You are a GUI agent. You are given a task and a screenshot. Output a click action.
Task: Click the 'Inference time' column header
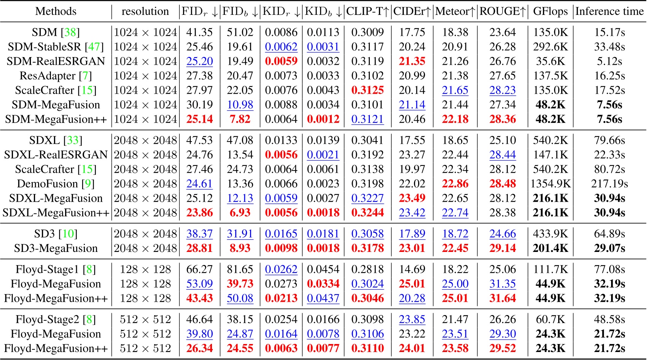click(609, 11)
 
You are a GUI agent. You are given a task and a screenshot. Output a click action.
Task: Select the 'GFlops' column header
click(550, 11)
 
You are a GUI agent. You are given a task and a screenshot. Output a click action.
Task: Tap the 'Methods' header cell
click(56, 11)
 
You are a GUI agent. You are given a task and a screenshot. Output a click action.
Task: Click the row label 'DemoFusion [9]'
click(56, 184)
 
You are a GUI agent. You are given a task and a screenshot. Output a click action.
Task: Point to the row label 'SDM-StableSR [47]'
click(56, 47)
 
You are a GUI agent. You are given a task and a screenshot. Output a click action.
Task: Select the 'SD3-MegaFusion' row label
click(56, 248)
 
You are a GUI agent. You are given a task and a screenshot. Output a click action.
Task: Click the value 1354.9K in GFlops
click(550, 184)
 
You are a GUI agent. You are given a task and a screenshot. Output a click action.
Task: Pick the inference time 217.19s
click(609, 184)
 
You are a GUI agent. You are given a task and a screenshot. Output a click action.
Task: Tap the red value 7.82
click(240, 119)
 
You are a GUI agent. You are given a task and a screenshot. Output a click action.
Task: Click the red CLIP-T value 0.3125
click(368, 91)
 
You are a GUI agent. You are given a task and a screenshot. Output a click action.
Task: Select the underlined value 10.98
click(240, 105)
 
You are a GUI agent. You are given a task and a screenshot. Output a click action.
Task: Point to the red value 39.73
click(240, 284)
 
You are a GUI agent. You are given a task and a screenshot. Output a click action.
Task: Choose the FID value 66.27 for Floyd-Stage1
click(199, 269)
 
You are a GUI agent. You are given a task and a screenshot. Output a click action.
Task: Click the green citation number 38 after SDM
click(70, 32)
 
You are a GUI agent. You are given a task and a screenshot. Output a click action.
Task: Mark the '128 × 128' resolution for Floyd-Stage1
click(145, 269)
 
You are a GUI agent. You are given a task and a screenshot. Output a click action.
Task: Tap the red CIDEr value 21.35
click(412, 61)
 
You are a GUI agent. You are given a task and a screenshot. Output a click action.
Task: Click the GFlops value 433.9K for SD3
click(550, 234)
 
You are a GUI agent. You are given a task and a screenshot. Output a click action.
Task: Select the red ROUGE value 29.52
click(503, 349)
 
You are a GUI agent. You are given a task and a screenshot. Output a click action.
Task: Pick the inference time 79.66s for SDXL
click(609, 140)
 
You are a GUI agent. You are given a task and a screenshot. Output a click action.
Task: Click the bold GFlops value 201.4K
click(550, 248)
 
